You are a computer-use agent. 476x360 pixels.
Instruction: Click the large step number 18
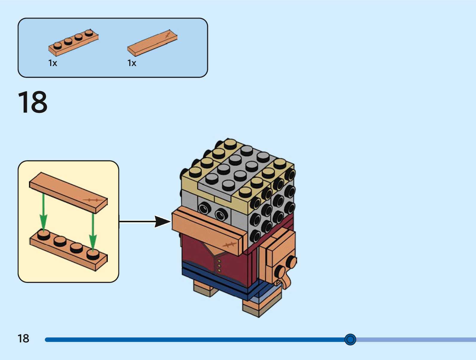point(33,102)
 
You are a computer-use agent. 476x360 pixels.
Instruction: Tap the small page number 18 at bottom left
point(23,338)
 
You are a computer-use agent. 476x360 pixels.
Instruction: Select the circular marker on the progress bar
point(350,339)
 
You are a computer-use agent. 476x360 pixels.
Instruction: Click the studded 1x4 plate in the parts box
point(73,43)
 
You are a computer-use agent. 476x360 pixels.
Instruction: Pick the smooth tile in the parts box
point(152,43)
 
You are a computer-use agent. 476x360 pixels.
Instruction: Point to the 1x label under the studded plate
point(53,63)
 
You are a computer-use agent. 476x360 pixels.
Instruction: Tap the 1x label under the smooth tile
point(132,63)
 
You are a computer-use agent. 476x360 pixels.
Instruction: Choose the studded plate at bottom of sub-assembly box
point(68,250)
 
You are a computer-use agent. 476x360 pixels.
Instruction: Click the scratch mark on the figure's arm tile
point(229,245)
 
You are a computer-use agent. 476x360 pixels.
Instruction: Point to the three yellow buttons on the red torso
point(219,265)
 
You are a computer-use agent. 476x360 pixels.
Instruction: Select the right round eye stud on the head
point(221,214)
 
